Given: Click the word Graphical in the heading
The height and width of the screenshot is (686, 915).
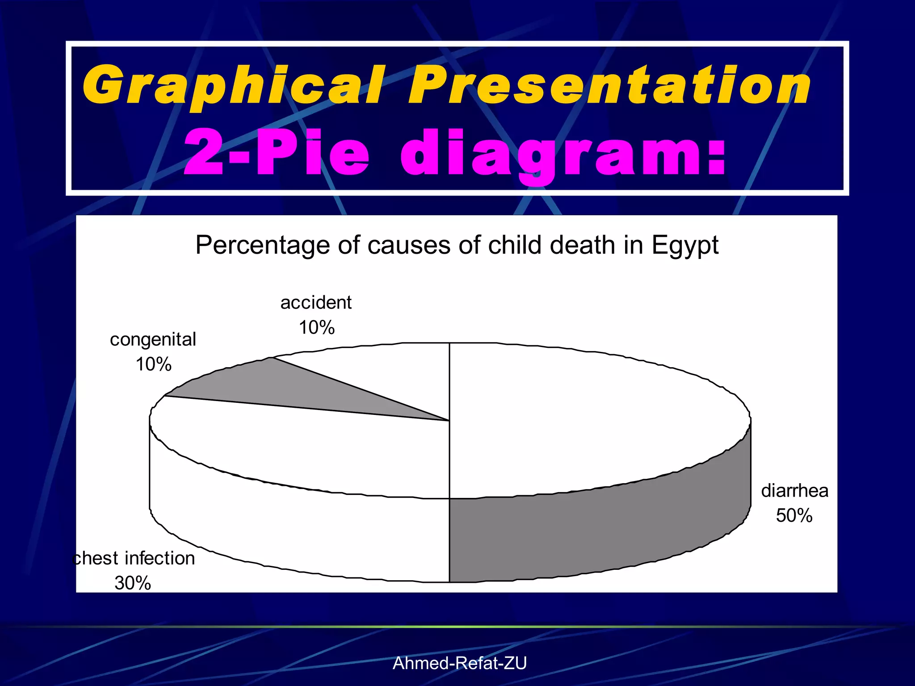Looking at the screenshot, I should pyautogui.click(x=232, y=85).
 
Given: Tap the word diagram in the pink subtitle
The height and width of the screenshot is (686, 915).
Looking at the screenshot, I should pyautogui.click(x=563, y=154).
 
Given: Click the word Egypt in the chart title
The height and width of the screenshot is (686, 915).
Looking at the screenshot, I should pyautogui.click(x=684, y=246).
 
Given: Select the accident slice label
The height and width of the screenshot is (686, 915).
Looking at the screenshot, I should pyautogui.click(x=316, y=303).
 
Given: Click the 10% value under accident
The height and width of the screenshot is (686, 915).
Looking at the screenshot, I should pyautogui.click(x=317, y=328).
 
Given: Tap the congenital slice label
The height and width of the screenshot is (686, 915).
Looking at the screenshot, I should pyautogui.click(x=153, y=339).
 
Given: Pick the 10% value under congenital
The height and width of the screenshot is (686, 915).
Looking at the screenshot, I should pyautogui.click(x=153, y=364).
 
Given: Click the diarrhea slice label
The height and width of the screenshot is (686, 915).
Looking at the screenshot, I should pyautogui.click(x=795, y=491).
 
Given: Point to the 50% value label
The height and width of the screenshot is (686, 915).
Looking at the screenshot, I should pyautogui.click(x=794, y=516).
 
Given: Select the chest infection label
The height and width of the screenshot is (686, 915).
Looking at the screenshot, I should pyautogui.click(x=134, y=558).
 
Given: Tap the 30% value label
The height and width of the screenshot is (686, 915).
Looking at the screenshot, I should pyautogui.click(x=133, y=583).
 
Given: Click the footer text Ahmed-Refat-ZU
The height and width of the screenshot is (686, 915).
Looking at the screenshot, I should pyautogui.click(x=460, y=663).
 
